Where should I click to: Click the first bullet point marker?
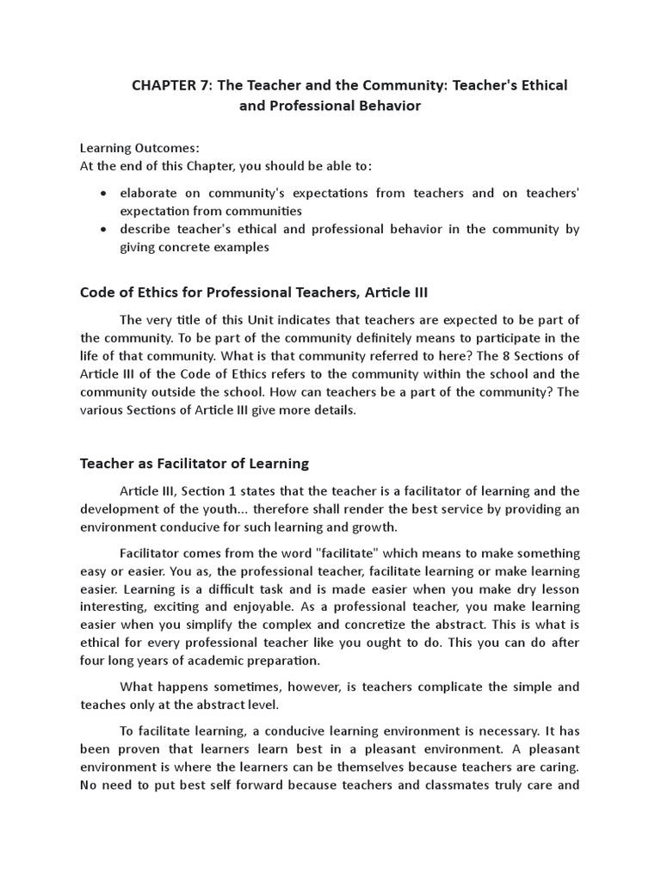(104, 194)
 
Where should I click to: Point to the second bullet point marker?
(104, 230)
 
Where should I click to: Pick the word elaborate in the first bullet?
(149, 193)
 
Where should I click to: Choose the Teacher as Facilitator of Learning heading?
(195, 463)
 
